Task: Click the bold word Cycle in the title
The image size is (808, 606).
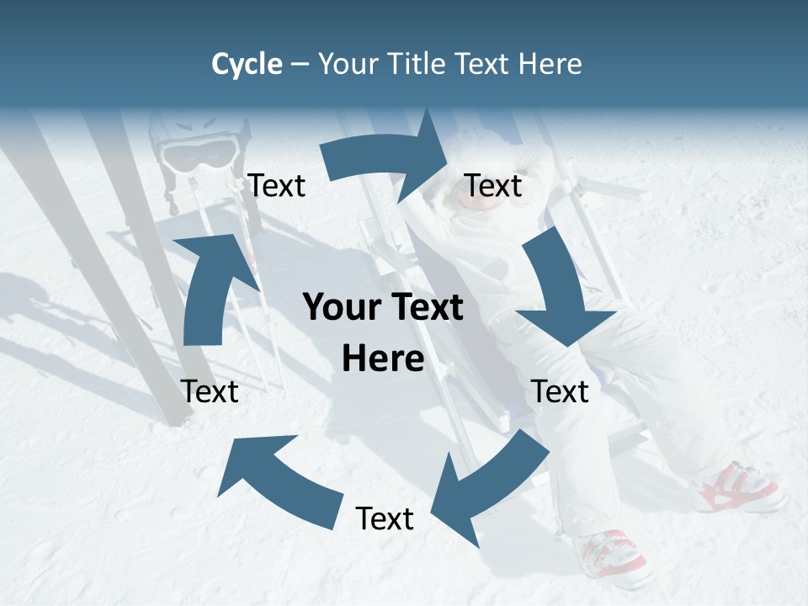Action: [247, 64]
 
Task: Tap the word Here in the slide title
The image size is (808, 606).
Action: [550, 64]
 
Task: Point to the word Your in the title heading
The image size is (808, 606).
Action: [347, 64]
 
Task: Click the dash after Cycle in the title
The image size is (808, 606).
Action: [300, 64]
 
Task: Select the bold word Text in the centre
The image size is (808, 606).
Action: [425, 307]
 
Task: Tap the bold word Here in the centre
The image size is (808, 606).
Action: [383, 359]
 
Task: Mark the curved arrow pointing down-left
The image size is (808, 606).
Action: [488, 488]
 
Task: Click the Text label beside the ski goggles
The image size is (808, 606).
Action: [277, 186]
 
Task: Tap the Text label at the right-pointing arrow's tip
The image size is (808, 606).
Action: [493, 186]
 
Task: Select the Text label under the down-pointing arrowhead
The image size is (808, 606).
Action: [561, 391]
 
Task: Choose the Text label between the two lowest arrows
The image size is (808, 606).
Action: [385, 518]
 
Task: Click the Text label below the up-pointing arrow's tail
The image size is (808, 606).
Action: [210, 391]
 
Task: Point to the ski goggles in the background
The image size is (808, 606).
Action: [199, 154]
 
